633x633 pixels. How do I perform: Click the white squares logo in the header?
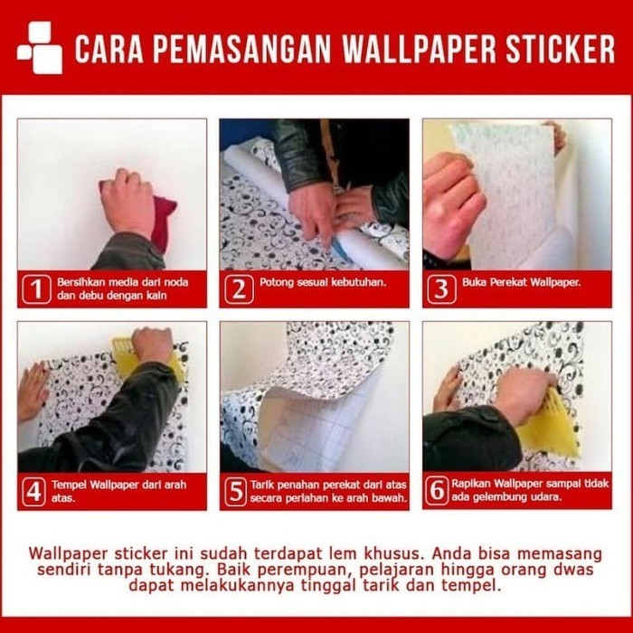40,47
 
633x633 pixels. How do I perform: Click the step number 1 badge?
35,289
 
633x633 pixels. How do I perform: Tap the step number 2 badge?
238,289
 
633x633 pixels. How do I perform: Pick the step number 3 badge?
440,289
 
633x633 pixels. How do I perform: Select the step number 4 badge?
35,491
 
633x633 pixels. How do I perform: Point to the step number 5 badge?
238,491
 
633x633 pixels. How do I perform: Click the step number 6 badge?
439,491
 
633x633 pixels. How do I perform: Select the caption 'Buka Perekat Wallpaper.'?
521,282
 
